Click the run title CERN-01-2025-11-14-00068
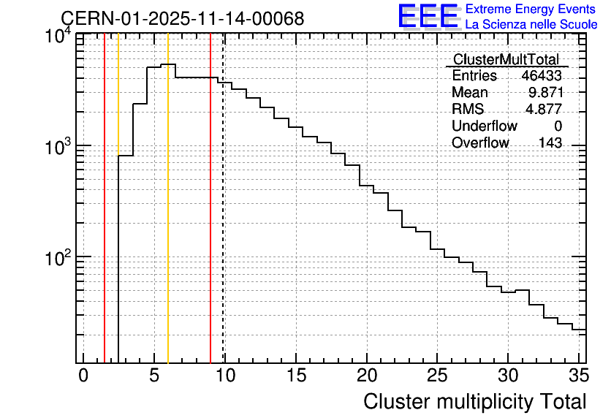point(183,18)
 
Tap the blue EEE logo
point(429,17)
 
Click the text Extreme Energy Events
point(531,9)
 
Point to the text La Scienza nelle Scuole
point(531,25)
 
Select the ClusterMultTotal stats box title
point(506,60)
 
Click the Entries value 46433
point(542,75)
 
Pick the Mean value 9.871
point(546,92)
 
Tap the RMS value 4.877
point(544,109)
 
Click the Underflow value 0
point(558,126)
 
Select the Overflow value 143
point(550,142)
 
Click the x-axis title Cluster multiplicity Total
point(475,402)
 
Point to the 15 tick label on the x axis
point(296,376)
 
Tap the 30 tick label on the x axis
point(508,376)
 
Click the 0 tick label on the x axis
point(83,376)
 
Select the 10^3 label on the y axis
point(58,147)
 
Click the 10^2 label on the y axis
point(58,258)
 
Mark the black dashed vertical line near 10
point(224,198)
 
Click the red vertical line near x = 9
point(210,198)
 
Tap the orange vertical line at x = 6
point(168,198)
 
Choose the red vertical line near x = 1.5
point(105,198)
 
